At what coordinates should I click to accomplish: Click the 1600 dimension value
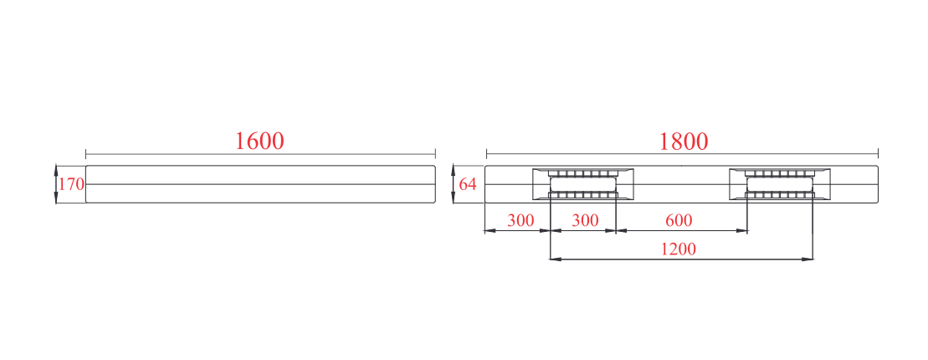(x=259, y=141)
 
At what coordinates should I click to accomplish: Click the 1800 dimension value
(x=684, y=141)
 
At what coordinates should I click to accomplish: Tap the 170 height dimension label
(x=72, y=184)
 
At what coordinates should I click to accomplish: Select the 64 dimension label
(x=468, y=184)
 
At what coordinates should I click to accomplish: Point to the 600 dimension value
(x=679, y=221)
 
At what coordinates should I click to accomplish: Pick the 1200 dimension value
(x=679, y=249)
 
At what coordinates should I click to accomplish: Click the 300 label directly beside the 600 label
(x=585, y=221)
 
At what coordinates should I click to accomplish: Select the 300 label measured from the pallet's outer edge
(x=520, y=221)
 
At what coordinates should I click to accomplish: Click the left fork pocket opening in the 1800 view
(x=583, y=184)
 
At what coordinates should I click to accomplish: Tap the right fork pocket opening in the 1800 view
(x=779, y=184)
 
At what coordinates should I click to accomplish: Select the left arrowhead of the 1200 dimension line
(x=556, y=259)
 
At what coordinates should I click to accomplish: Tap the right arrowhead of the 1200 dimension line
(x=808, y=259)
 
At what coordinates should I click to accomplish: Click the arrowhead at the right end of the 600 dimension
(x=742, y=230)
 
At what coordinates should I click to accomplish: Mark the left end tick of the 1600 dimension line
(x=86, y=154)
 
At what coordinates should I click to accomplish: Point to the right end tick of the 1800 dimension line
(x=878, y=154)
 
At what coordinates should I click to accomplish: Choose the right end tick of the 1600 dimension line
(x=435, y=154)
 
